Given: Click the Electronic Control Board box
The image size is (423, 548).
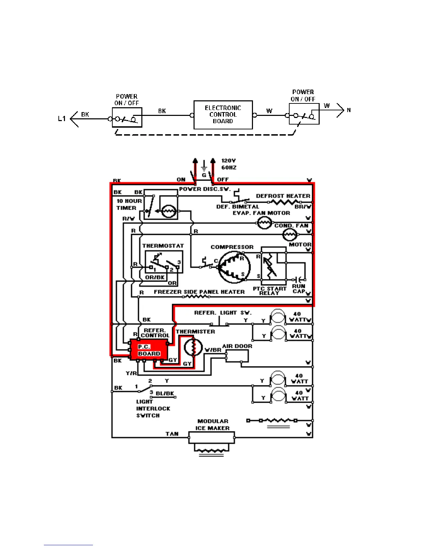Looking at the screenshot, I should pyautogui.click(x=223, y=115).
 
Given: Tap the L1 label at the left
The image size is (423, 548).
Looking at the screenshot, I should pyautogui.click(x=62, y=119).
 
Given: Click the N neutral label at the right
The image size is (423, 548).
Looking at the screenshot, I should pyautogui.click(x=349, y=110).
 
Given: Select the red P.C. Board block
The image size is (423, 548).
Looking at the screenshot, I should pyautogui.click(x=149, y=350).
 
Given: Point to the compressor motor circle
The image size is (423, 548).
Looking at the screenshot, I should pyautogui.click(x=234, y=267).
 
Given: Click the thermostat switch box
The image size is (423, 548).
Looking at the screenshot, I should pyautogui.click(x=163, y=262).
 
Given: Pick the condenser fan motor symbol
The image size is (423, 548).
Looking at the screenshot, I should pyautogui.click(x=290, y=235).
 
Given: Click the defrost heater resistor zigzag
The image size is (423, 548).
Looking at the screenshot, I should pyautogui.click(x=283, y=202).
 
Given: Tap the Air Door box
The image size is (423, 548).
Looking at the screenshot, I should pyautogui.click(x=237, y=356).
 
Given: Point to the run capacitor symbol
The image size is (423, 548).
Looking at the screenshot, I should pyautogui.click(x=299, y=279).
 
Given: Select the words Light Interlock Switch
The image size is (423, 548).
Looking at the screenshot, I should pyautogui.click(x=152, y=409).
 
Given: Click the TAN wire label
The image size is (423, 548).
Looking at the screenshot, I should pyautogui.click(x=172, y=434).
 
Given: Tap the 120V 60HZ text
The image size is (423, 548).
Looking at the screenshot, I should pyautogui.click(x=229, y=164).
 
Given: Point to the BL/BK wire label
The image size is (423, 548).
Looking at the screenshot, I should pyautogui.click(x=165, y=393).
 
